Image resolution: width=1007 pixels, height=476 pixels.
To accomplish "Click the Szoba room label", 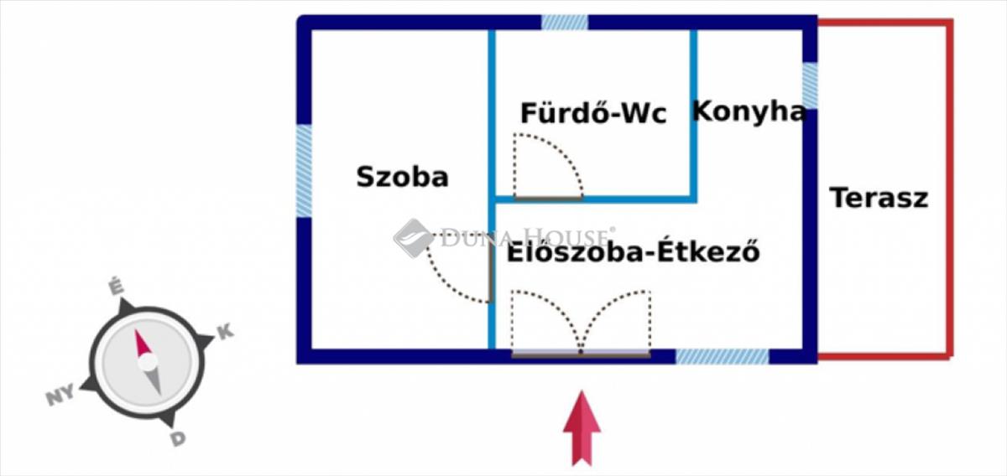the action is pos(402,177).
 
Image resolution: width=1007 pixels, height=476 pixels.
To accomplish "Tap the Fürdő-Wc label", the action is pos(593,113).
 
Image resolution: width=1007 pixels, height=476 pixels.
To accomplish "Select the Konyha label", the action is pos(749,111).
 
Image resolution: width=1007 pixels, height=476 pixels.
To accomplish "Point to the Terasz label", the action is pos(879,198).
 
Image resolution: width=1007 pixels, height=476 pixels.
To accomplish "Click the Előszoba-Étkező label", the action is pos(634,252).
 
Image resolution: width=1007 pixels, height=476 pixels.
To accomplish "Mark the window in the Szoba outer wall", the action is pos(304,171).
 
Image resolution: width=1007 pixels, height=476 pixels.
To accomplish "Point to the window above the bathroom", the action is pos(564,22).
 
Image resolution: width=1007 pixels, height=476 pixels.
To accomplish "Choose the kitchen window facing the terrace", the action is pos(810,85).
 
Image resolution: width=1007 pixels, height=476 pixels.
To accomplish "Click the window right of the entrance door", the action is pos(723,356).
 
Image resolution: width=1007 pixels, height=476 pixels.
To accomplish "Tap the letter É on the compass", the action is pos(117,287).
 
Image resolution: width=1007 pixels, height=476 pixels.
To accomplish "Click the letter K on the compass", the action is pos(226,332).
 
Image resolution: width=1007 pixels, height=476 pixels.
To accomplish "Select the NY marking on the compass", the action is pos(60,395).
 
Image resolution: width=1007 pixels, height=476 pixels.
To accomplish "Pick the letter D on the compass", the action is pos(178,439).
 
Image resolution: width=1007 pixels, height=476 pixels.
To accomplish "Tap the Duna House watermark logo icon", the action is pos(414,238).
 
